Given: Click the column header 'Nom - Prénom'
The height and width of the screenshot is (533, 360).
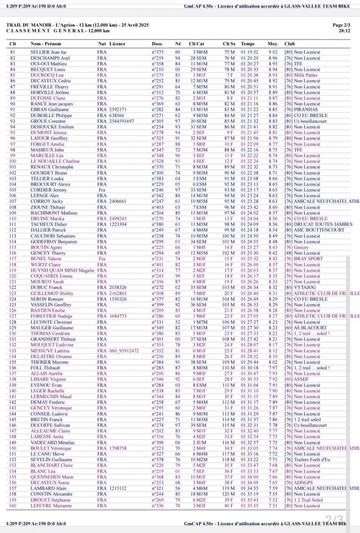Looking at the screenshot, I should click(x=46, y=44).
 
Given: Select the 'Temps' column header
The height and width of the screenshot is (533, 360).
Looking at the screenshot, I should click(x=248, y=44).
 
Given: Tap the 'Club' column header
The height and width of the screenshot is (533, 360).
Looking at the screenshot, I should click(x=289, y=44).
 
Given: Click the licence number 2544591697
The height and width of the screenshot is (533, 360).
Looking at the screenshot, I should click(x=122, y=121).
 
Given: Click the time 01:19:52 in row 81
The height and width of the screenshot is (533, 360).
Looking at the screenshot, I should click(x=250, y=52).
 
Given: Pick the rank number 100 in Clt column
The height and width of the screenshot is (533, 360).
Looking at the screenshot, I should click(x=13, y=161).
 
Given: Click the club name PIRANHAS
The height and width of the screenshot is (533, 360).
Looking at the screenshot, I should click(x=306, y=109).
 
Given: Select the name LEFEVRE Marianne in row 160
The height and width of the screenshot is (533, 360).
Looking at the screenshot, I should click(x=50, y=505).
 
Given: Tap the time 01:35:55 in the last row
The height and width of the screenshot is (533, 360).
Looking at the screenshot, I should click(x=250, y=505).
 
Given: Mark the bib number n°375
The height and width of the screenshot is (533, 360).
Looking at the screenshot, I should click(x=158, y=52).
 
